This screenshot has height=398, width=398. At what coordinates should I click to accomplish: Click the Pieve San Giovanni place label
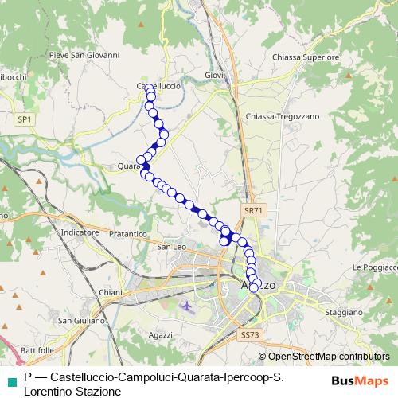click(x=84, y=56)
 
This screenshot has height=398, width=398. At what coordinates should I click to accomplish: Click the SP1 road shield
click(x=26, y=119)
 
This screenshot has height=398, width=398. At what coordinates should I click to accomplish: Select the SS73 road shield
click(x=249, y=335)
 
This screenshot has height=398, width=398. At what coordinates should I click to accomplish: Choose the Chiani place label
click(x=111, y=293)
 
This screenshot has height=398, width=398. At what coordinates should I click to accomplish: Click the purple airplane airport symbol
click(x=186, y=305)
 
